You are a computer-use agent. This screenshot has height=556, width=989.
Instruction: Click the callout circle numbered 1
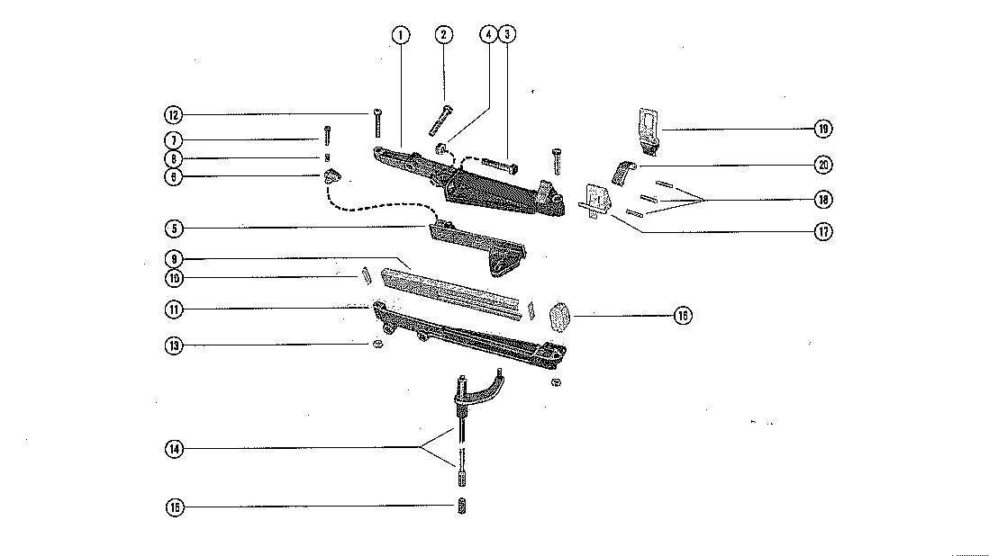click(401, 35)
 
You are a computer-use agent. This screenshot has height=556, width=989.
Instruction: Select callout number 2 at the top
click(443, 35)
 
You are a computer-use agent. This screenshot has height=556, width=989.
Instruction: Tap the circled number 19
click(822, 129)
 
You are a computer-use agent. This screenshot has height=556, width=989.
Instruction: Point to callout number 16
click(683, 315)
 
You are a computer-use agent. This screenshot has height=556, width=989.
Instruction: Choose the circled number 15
click(174, 507)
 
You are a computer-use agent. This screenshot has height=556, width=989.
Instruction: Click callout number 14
click(174, 448)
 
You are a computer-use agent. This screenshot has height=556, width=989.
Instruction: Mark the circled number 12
click(174, 114)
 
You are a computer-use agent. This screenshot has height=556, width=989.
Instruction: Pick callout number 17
click(822, 231)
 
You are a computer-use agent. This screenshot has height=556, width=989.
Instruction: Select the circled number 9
click(174, 260)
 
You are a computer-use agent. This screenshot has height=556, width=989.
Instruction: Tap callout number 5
click(174, 228)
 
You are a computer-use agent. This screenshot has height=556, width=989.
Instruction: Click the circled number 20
click(822, 165)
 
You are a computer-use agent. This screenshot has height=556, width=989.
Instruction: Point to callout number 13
click(174, 345)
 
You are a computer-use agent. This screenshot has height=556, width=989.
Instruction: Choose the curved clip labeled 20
click(623, 170)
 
